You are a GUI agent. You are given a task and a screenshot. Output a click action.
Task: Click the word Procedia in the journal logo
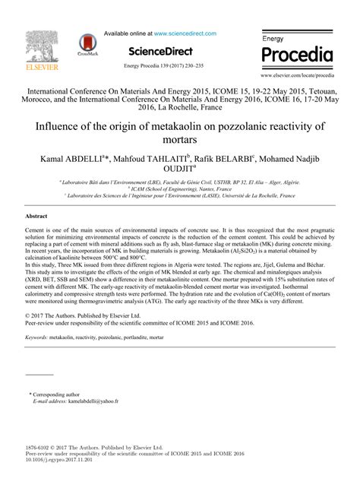pyautogui.click(x=297, y=55)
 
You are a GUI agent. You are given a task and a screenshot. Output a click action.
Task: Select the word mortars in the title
pyautogui.click(x=179, y=140)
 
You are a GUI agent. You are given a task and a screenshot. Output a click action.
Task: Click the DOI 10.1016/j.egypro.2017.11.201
pyautogui.click(x=60, y=461)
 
